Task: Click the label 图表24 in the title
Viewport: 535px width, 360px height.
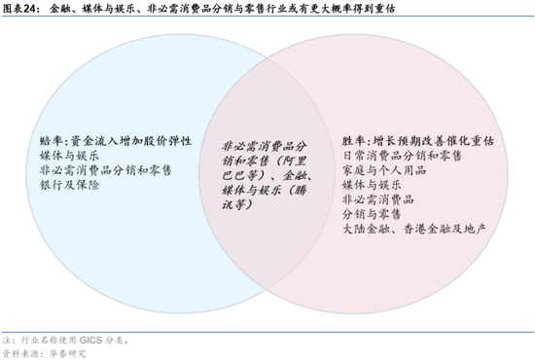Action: tap(19, 10)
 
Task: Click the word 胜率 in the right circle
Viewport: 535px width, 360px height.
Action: tap(356, 141)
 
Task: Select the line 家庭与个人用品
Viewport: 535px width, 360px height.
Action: tap(385, 169)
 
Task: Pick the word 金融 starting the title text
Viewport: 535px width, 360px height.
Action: tap(59, 10)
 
